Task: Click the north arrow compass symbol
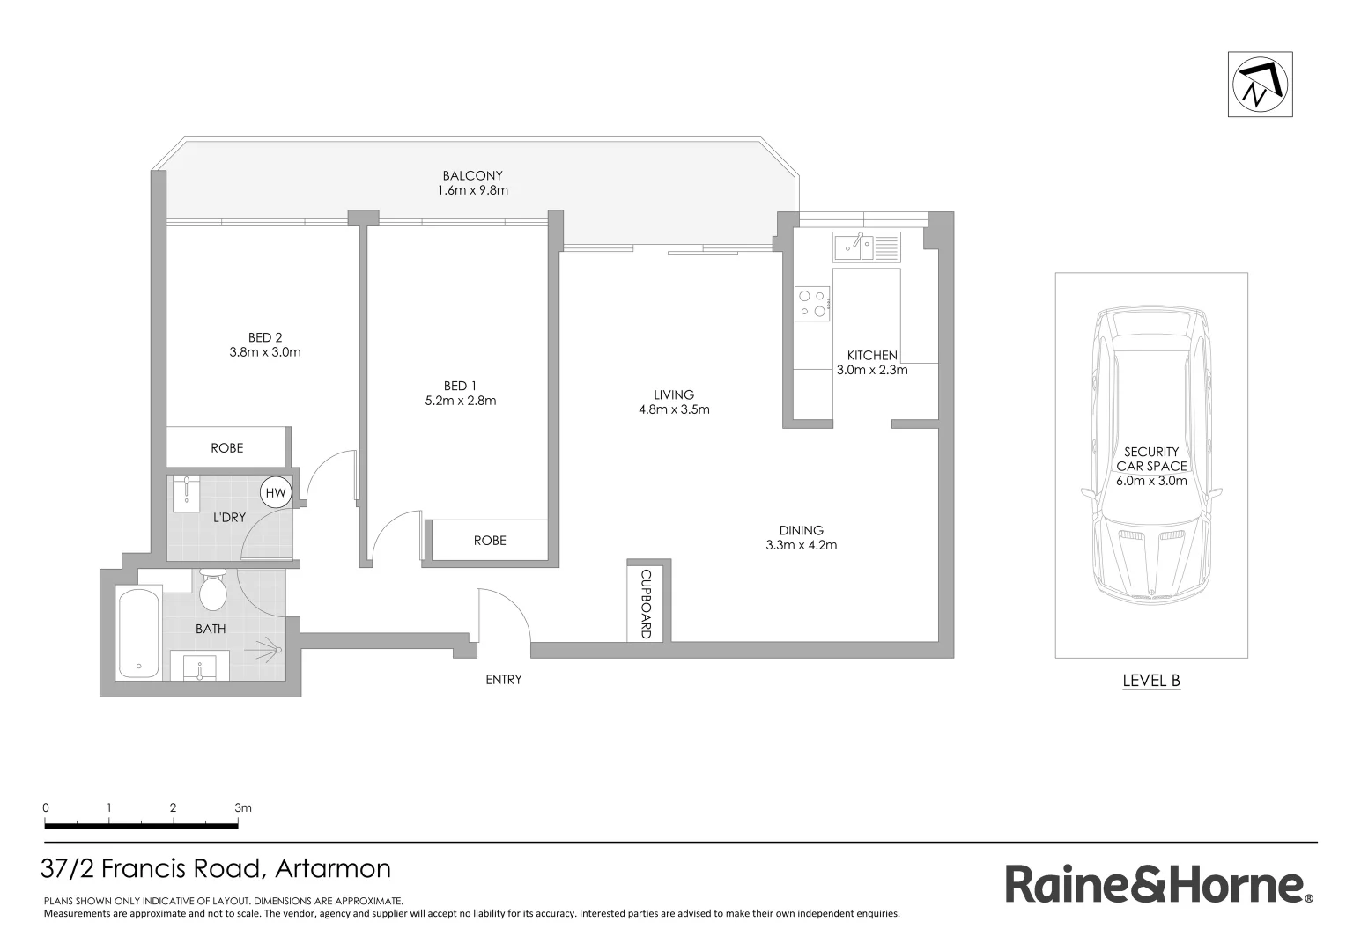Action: pyautogui.click(x=1261, y=85)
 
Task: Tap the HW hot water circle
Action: pyautogui.click(x=276, y=493)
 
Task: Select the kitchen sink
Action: pyautogui.click(x=853, y=247)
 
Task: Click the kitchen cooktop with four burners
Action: pyautogui.click(x=813, y=302)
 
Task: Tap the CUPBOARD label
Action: pyautogui.click(x=646, y=604)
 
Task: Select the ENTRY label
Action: pyautogui.click(x=503, y=680)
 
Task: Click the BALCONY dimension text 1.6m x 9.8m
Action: pyautogui.click(x=473, y=190)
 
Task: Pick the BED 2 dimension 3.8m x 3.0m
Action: pyautogui.click(x=265, y=352)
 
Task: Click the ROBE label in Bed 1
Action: pyautogui.click(x=490, y=540)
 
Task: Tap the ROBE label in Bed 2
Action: pyautogui.click(x=226, y=447)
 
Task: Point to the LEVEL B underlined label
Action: pyautogui.click(x=1151, y=680)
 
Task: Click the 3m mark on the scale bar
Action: pyautogui.click(x=241, y=807)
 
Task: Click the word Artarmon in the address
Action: pyautogui.click(x=333, y=869)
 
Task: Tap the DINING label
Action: pyautogui.click(x=801, y=530)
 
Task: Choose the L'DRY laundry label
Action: pyautogui.click(x=229, y=517)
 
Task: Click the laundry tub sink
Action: pyautogui.click(x=187, y=494)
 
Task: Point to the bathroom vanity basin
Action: pyautogui.click(x=200, y=667)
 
